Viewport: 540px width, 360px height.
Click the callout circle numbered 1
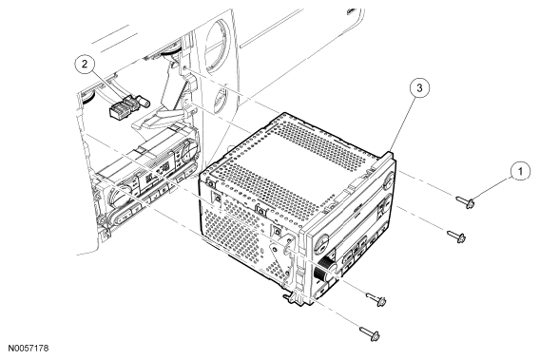pyautogui.click(x=520, y=171)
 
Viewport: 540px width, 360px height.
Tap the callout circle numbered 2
pyautogui.click(x=85, y=64)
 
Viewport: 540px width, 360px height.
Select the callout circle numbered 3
pyautogui.click(x=419, y=88)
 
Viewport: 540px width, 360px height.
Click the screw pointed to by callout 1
pyautogui.click(x=465, y=202)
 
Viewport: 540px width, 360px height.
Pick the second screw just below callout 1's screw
pyautogui.click(x=456, y=236)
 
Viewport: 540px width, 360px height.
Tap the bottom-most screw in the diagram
pyautogui.click(x=370, y=333)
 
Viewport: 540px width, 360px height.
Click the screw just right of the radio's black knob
pyautogui.click(x=376, y=299)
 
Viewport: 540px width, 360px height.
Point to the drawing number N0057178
pyautogui.click(x=29, y=348)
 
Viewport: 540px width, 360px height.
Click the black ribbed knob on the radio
pyautogui.click(x=324, y=268)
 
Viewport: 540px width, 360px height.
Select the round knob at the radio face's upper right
pyautogui.click(x=388, y=181)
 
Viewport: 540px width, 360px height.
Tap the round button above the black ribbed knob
pyautogui.click(x=320, y=244)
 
